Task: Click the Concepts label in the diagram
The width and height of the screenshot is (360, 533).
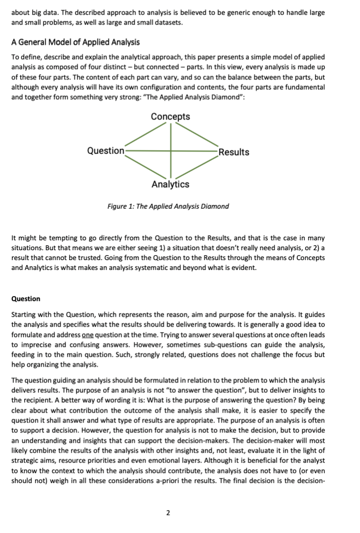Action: (170, 116)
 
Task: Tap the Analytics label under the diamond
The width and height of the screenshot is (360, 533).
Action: (170, 185)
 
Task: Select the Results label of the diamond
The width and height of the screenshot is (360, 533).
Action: (234, 152)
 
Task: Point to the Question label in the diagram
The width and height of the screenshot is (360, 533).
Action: (106, 151)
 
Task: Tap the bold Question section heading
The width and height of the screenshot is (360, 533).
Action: (26, 299)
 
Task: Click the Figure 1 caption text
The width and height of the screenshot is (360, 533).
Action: (168, 206)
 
